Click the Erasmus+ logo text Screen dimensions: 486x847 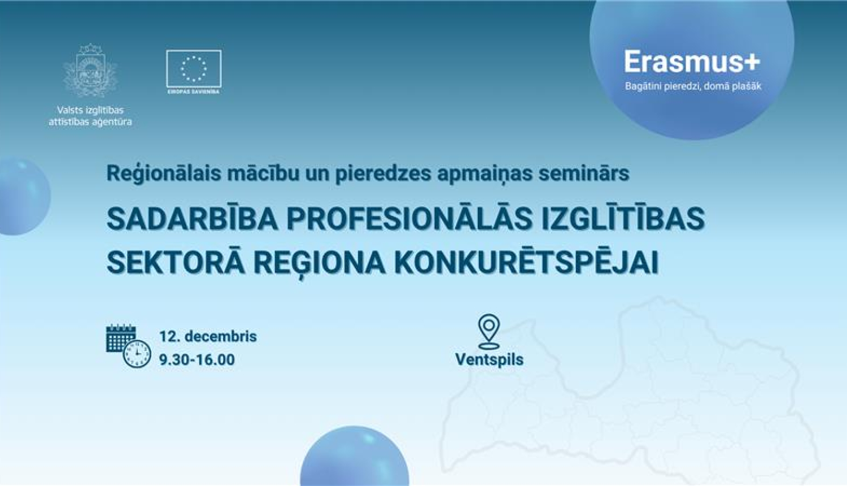point(692,62)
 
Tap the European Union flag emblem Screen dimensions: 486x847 point(194,68)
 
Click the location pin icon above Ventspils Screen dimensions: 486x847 point(488,331)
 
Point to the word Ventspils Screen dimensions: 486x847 point(489,359)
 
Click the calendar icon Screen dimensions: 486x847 point(120,338)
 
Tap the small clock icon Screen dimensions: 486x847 point(137,354)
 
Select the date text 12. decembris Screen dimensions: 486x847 point(208,336)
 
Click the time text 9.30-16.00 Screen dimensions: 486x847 point(197,359)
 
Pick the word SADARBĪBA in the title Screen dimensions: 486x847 point(192,219)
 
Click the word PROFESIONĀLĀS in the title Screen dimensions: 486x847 point(409,219)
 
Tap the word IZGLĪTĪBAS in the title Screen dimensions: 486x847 point(623,219)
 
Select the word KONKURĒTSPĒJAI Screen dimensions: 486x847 point(526,262)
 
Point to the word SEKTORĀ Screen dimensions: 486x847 point(176,262)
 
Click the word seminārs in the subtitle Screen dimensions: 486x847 point(584,173)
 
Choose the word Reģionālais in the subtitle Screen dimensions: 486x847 point(164,173)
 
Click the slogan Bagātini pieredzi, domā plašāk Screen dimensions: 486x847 point(693,86)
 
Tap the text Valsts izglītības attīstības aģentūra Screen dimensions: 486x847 point(90,116)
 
